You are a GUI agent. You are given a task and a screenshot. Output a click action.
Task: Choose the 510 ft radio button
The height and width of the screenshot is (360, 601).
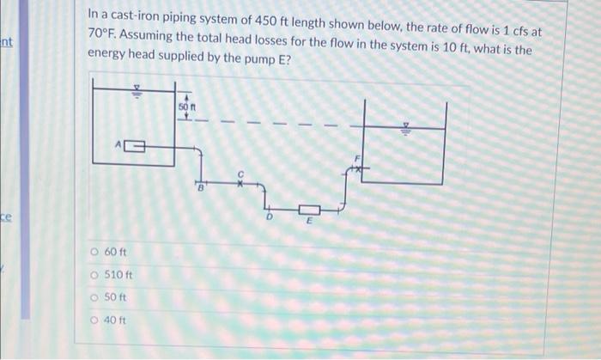click(93, 275)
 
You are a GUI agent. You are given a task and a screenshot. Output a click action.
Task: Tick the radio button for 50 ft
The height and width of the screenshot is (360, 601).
click(93, 297)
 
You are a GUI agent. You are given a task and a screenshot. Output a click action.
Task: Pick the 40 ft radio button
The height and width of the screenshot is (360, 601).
click(93, 320)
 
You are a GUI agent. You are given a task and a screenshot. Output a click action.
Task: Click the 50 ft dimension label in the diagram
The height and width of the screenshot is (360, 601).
click(187, 106)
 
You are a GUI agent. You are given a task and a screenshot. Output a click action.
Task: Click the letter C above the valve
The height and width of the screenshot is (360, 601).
click(242, 173)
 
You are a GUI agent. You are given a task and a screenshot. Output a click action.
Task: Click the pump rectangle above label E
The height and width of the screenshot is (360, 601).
click(310, 210)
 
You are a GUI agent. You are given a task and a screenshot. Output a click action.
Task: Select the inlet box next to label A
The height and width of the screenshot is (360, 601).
click(135, 147)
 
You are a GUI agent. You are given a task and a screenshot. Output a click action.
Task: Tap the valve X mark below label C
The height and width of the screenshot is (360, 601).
click(242, 182)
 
